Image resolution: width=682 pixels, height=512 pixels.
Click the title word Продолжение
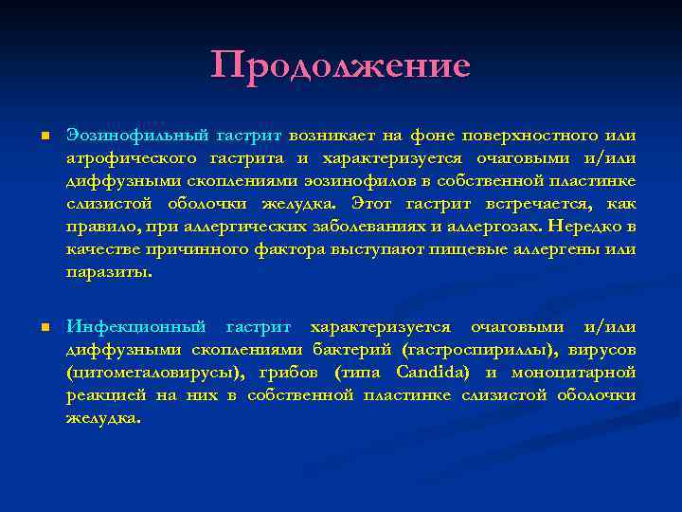tap(341, 66)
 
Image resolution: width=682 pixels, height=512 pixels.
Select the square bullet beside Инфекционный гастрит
tap(45, 328)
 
